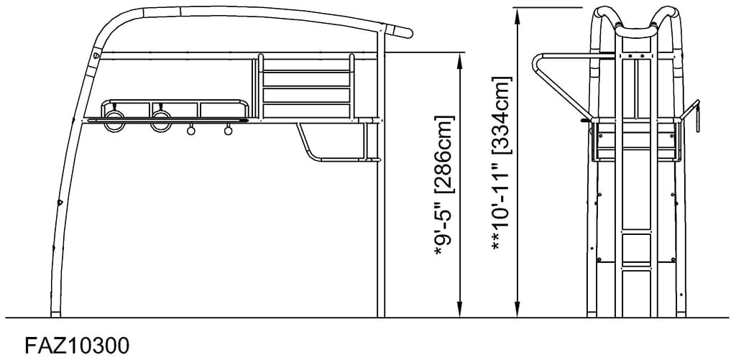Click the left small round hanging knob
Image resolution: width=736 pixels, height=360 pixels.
coord(191,130)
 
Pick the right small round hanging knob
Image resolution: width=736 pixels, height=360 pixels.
coord(229,130)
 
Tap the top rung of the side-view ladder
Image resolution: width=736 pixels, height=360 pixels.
coord(306,71)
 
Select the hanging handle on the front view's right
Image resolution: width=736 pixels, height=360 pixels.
coord(695,115)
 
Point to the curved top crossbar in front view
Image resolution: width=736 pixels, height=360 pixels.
coord(635,30)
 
